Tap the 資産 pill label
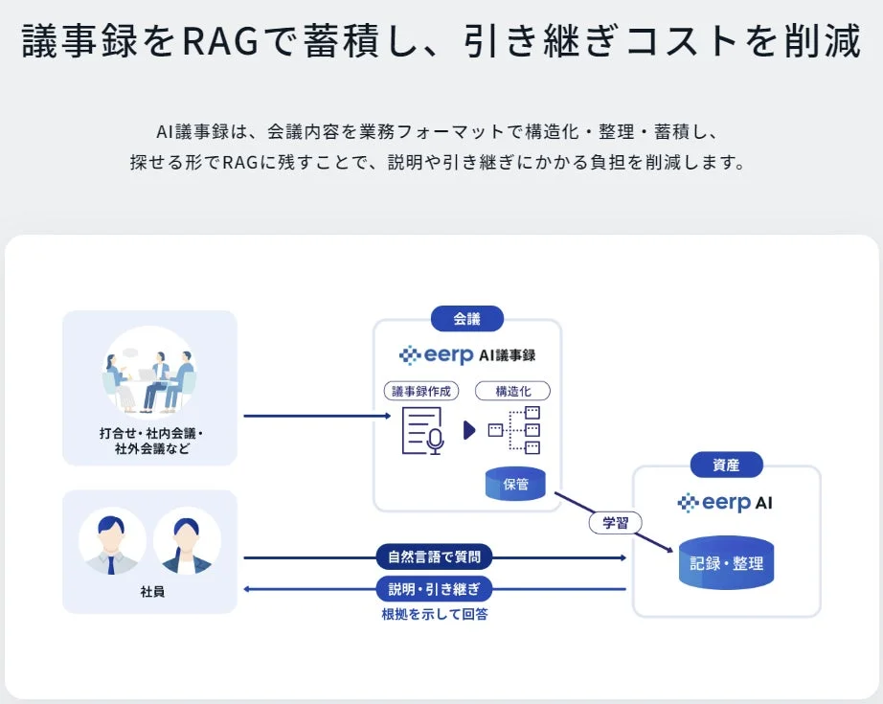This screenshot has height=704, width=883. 726,465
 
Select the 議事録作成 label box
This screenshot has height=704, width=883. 421,391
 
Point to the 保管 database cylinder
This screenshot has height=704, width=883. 515,484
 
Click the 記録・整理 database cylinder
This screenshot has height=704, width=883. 727,563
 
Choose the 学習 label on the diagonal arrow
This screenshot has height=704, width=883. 615,523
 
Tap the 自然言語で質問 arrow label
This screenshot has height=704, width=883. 435,556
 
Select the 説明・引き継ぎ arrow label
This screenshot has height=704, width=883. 435,588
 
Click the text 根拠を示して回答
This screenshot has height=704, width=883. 435,614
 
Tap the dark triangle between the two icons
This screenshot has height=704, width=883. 469,430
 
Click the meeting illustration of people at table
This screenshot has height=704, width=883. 149,374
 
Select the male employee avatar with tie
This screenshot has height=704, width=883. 112,541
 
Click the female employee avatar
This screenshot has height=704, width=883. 187,541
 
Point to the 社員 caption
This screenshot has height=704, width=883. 151,592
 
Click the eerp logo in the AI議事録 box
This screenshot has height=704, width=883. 437,355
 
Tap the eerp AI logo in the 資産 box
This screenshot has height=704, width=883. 725,503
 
